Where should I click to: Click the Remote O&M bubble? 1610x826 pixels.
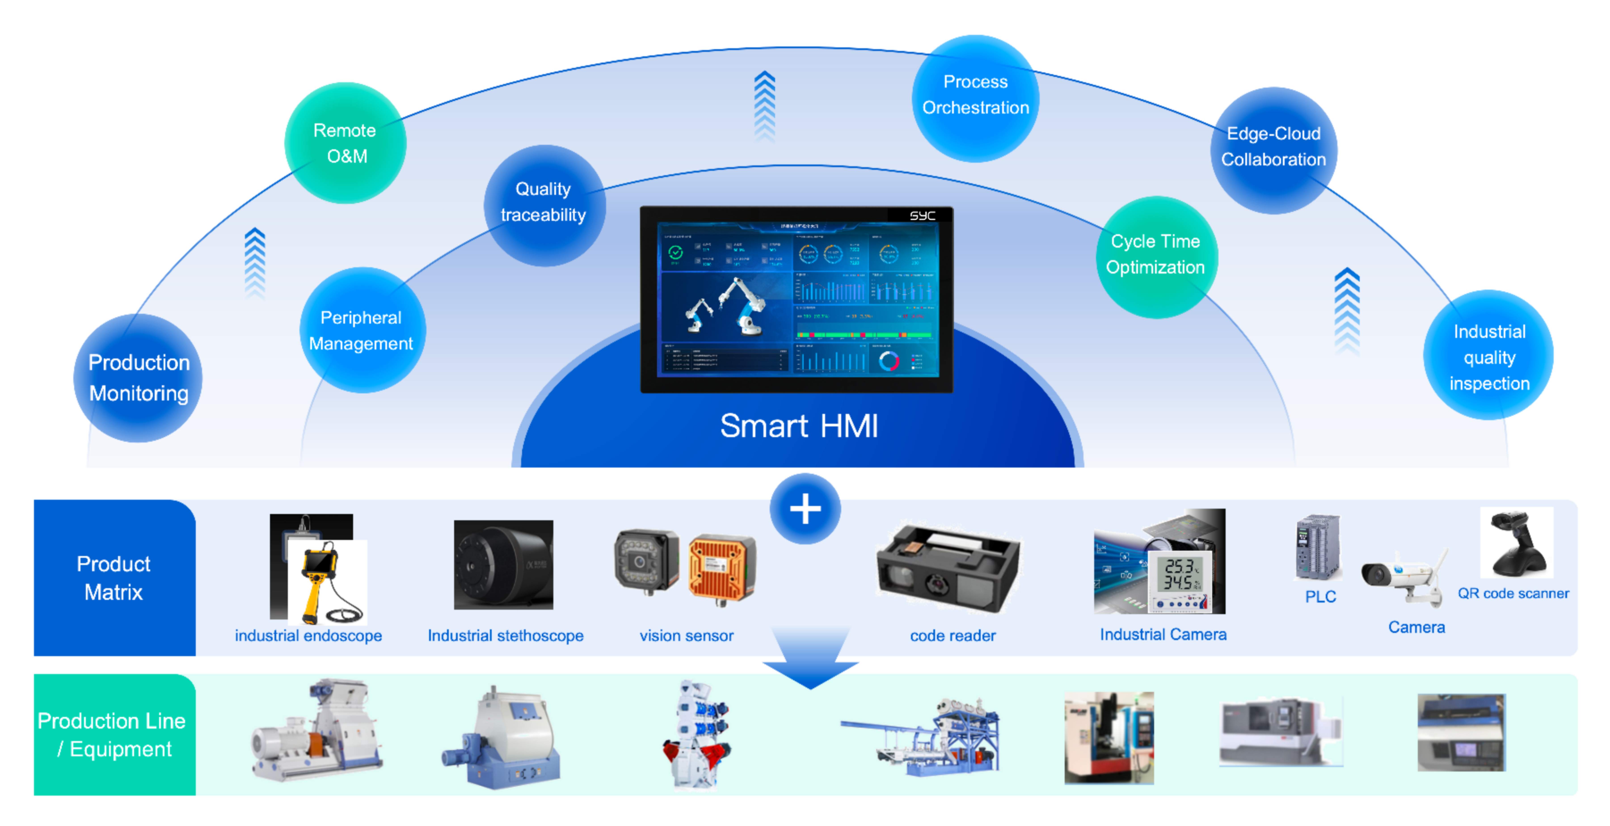(x=346, y=143)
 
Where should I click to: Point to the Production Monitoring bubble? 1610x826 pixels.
(x=138, y=378)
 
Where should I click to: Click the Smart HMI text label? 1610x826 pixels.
(x=799, y=426)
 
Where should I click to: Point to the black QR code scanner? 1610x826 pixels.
(x=1517, y=544)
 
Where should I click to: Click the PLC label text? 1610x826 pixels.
(x=1320, y=597)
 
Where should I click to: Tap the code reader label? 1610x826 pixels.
(x=953, y=635)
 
